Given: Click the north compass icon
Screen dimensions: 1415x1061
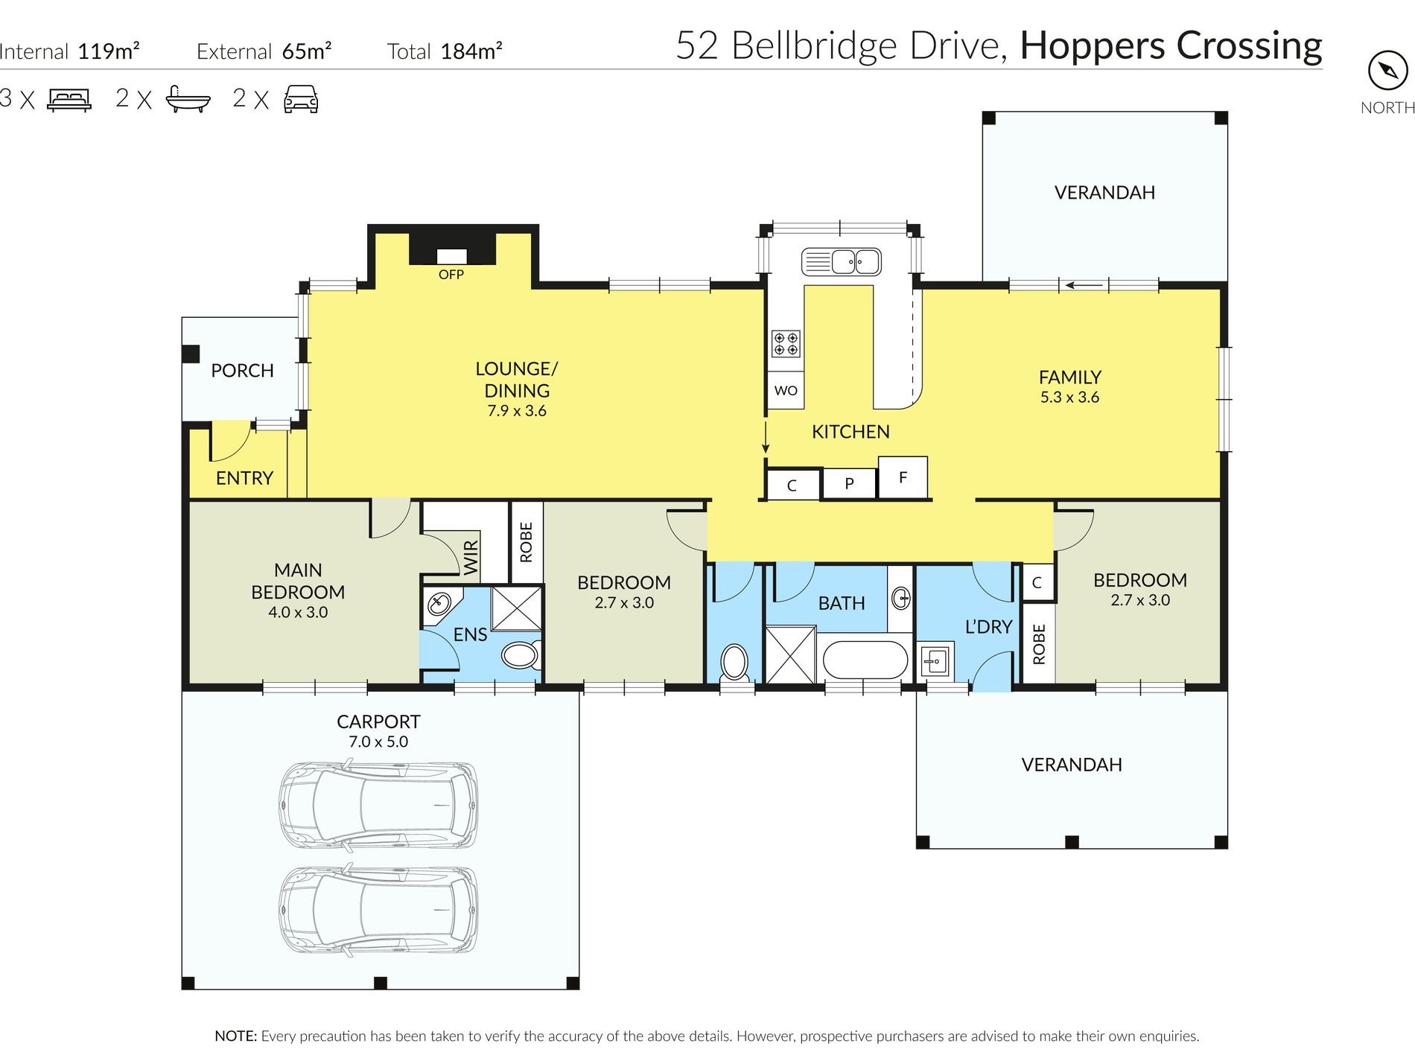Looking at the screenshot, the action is click(x=1387, y=71).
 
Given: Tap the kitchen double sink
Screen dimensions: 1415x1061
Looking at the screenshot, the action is click(x=842, y=261).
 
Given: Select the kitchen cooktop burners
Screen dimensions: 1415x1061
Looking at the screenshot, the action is click(x=786, y=343).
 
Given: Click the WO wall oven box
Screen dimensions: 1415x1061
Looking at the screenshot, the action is click(x=786, y=390).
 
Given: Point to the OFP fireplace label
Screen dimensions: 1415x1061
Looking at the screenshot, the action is click(x=451, y=275).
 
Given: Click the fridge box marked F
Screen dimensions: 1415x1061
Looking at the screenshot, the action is click(x=903, y=477).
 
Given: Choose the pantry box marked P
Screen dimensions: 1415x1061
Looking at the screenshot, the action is click(x=850, y=484).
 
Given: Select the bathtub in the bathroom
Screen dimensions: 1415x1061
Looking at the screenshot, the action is click(x=865, y=660).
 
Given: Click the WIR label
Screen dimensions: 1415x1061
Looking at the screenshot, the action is click(x=471, y=558).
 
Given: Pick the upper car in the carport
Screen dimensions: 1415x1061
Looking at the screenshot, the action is click(x=378, y=806).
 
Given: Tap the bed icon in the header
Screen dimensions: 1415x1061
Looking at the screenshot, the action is click(x=69, y=100).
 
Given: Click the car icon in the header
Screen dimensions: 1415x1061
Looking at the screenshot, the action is click(x=301, y=99).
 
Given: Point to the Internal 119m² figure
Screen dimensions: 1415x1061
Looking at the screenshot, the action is click(x=69, y=51).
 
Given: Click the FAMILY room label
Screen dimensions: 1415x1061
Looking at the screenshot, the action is click(x=1070, y=377).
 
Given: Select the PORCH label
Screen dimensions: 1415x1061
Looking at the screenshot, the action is click(x=242, y=371).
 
